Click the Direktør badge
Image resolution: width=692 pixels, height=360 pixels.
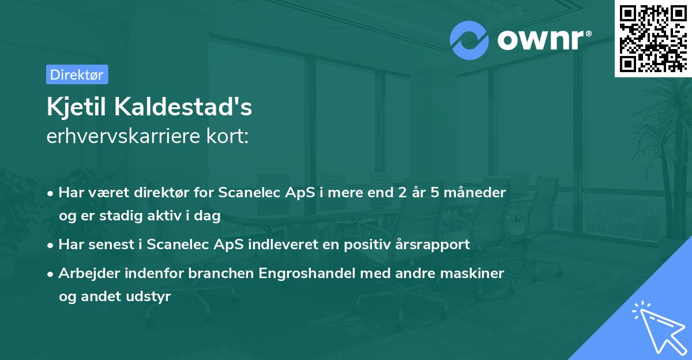click(77, 74)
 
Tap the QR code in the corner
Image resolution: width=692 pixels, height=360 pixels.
click(653, 38)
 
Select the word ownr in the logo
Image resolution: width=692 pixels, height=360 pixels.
click(542, 39)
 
